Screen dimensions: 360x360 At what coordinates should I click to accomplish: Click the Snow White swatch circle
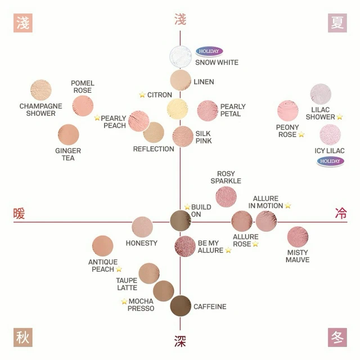coord(181,57)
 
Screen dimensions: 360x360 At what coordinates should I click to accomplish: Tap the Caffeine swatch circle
coord(181,306)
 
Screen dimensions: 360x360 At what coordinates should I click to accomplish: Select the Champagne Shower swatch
coord(41,90)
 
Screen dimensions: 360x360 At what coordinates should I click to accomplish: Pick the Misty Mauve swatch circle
coord(298,237)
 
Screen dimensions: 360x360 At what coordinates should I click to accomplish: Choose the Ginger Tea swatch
coord(69,135)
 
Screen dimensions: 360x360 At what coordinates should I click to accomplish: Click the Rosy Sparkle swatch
coord(226,197)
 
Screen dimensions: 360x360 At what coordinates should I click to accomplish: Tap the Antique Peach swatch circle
coord(102,246)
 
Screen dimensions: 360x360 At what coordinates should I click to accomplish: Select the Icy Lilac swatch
coord(330,135)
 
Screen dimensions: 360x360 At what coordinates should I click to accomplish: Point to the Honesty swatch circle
coord(142,227)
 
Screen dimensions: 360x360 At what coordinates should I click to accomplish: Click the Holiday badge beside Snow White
coord(209,51)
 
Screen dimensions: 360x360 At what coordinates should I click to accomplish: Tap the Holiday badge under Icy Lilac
coord(330,161)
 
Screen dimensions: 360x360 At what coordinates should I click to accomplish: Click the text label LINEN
coord(204,82)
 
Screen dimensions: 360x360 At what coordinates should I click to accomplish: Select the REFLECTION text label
coord(154,149)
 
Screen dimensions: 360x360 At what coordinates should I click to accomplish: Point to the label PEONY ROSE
coord(287,131)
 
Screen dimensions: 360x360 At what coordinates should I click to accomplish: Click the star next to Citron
coord(142,95)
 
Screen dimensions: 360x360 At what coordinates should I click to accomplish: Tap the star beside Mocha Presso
coord(124,301)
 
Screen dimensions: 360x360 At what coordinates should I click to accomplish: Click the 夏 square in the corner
coord(337,23)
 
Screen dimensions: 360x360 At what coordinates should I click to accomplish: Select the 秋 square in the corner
coord(22,337)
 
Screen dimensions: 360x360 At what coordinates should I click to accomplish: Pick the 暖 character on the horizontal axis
coord(20,214)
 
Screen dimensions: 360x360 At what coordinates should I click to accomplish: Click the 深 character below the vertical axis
coord(180,341)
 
